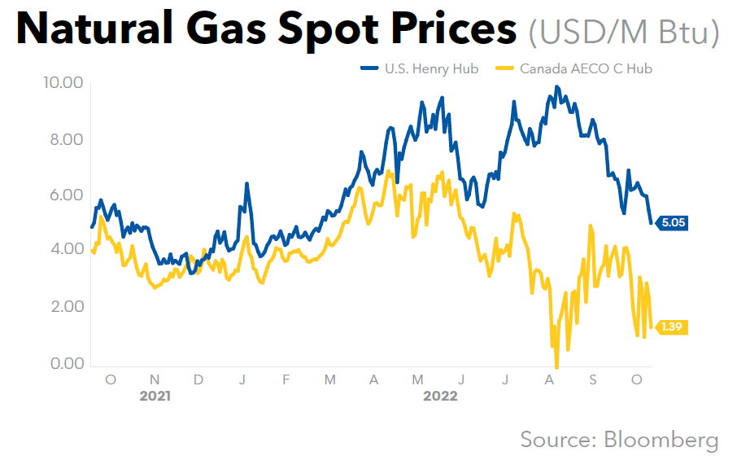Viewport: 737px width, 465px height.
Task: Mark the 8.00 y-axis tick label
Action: [x=63, y=139]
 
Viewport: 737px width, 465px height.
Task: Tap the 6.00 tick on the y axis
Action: [x=63, y=195]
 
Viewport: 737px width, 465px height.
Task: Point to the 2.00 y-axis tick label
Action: [x=63, y=307]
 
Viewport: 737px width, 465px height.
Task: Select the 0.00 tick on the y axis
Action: [x=63, y=363]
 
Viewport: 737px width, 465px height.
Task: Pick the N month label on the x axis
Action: [x=155, y=379]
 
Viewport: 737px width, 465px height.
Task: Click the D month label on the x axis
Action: [x=199, y=379]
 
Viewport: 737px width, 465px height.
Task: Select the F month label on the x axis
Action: [x=286, y=379]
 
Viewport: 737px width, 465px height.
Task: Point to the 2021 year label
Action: [x=155, y=397]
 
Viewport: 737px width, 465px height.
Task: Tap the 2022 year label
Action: [x=440, y=397]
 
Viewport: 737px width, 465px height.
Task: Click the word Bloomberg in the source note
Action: [x=661, y=440]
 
